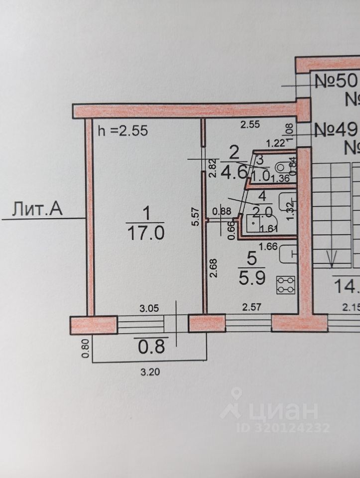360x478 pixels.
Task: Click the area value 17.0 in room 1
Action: click(x=146, y=233)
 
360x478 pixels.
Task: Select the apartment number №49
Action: click(x=337, y=130)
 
